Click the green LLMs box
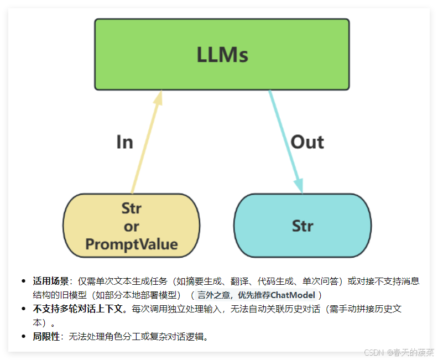coord(222,54)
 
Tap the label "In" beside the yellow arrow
coord(124,142)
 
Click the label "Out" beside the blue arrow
coord(307,142)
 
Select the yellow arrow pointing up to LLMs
coord(145,143)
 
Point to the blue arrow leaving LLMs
coord(286,141)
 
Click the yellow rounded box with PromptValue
coord(131,226)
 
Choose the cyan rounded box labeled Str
coord(303,226)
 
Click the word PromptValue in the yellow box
coord(132,244)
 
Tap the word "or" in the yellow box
coord(132,226)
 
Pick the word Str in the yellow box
coord(132,208)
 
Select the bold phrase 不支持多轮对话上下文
coord(80,309)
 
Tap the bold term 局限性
coord(46,336)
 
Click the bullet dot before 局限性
coord(23,336)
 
